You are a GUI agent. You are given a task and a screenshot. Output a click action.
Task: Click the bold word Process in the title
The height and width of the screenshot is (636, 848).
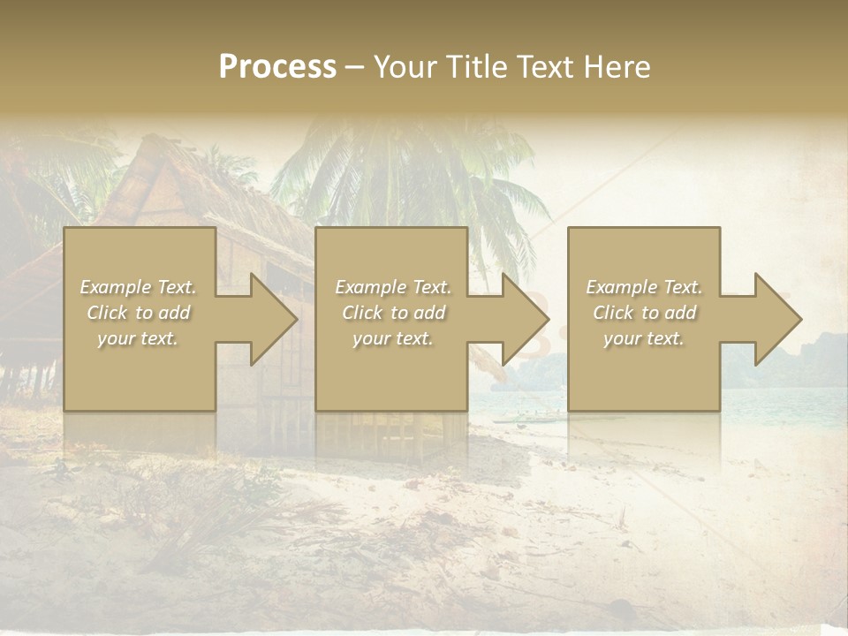click(277, 67)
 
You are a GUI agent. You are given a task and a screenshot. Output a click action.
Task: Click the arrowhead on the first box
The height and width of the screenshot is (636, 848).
click(265, 319)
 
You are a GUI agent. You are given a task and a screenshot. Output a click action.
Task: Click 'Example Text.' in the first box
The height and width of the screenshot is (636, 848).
click(138, 287)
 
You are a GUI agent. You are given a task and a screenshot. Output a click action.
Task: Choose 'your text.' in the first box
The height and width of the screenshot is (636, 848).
click(138, 338)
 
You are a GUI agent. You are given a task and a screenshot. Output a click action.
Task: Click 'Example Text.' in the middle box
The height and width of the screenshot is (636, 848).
click(393, 287)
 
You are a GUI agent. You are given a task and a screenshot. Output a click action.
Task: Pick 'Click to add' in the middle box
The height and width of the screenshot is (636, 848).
click(393, 313)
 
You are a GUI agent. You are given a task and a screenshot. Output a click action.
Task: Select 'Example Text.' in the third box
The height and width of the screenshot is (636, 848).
click(644, 287)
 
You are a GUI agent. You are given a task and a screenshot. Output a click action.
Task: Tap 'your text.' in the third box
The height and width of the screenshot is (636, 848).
click(644, 338)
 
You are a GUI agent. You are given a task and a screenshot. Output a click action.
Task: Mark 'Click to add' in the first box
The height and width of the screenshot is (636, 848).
click(138, 313)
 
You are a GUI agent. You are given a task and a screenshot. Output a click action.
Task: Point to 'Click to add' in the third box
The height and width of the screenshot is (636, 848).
click(644, 313)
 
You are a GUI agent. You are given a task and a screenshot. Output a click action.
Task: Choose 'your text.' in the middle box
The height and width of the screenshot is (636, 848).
click(393, 338)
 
